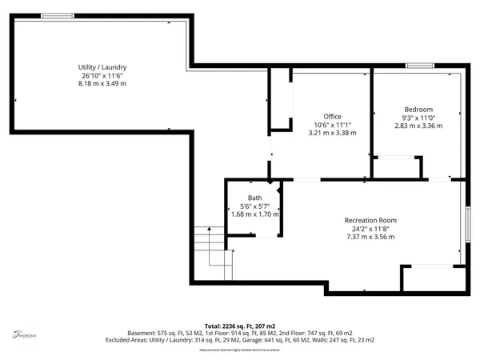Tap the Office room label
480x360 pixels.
coord(332,117)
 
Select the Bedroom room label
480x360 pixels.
coord(418,110)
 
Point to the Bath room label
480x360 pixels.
coord(254,198)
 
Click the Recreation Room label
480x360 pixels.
coord(370,220)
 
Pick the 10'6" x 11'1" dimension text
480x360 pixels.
coord(332,125)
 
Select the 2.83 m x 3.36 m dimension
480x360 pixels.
coord(418,126)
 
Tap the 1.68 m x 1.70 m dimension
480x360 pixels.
coord(254,214)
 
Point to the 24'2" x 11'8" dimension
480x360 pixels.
coord(370,228)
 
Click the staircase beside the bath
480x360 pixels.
coord(210,248)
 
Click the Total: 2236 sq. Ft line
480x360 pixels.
coord(240,326)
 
